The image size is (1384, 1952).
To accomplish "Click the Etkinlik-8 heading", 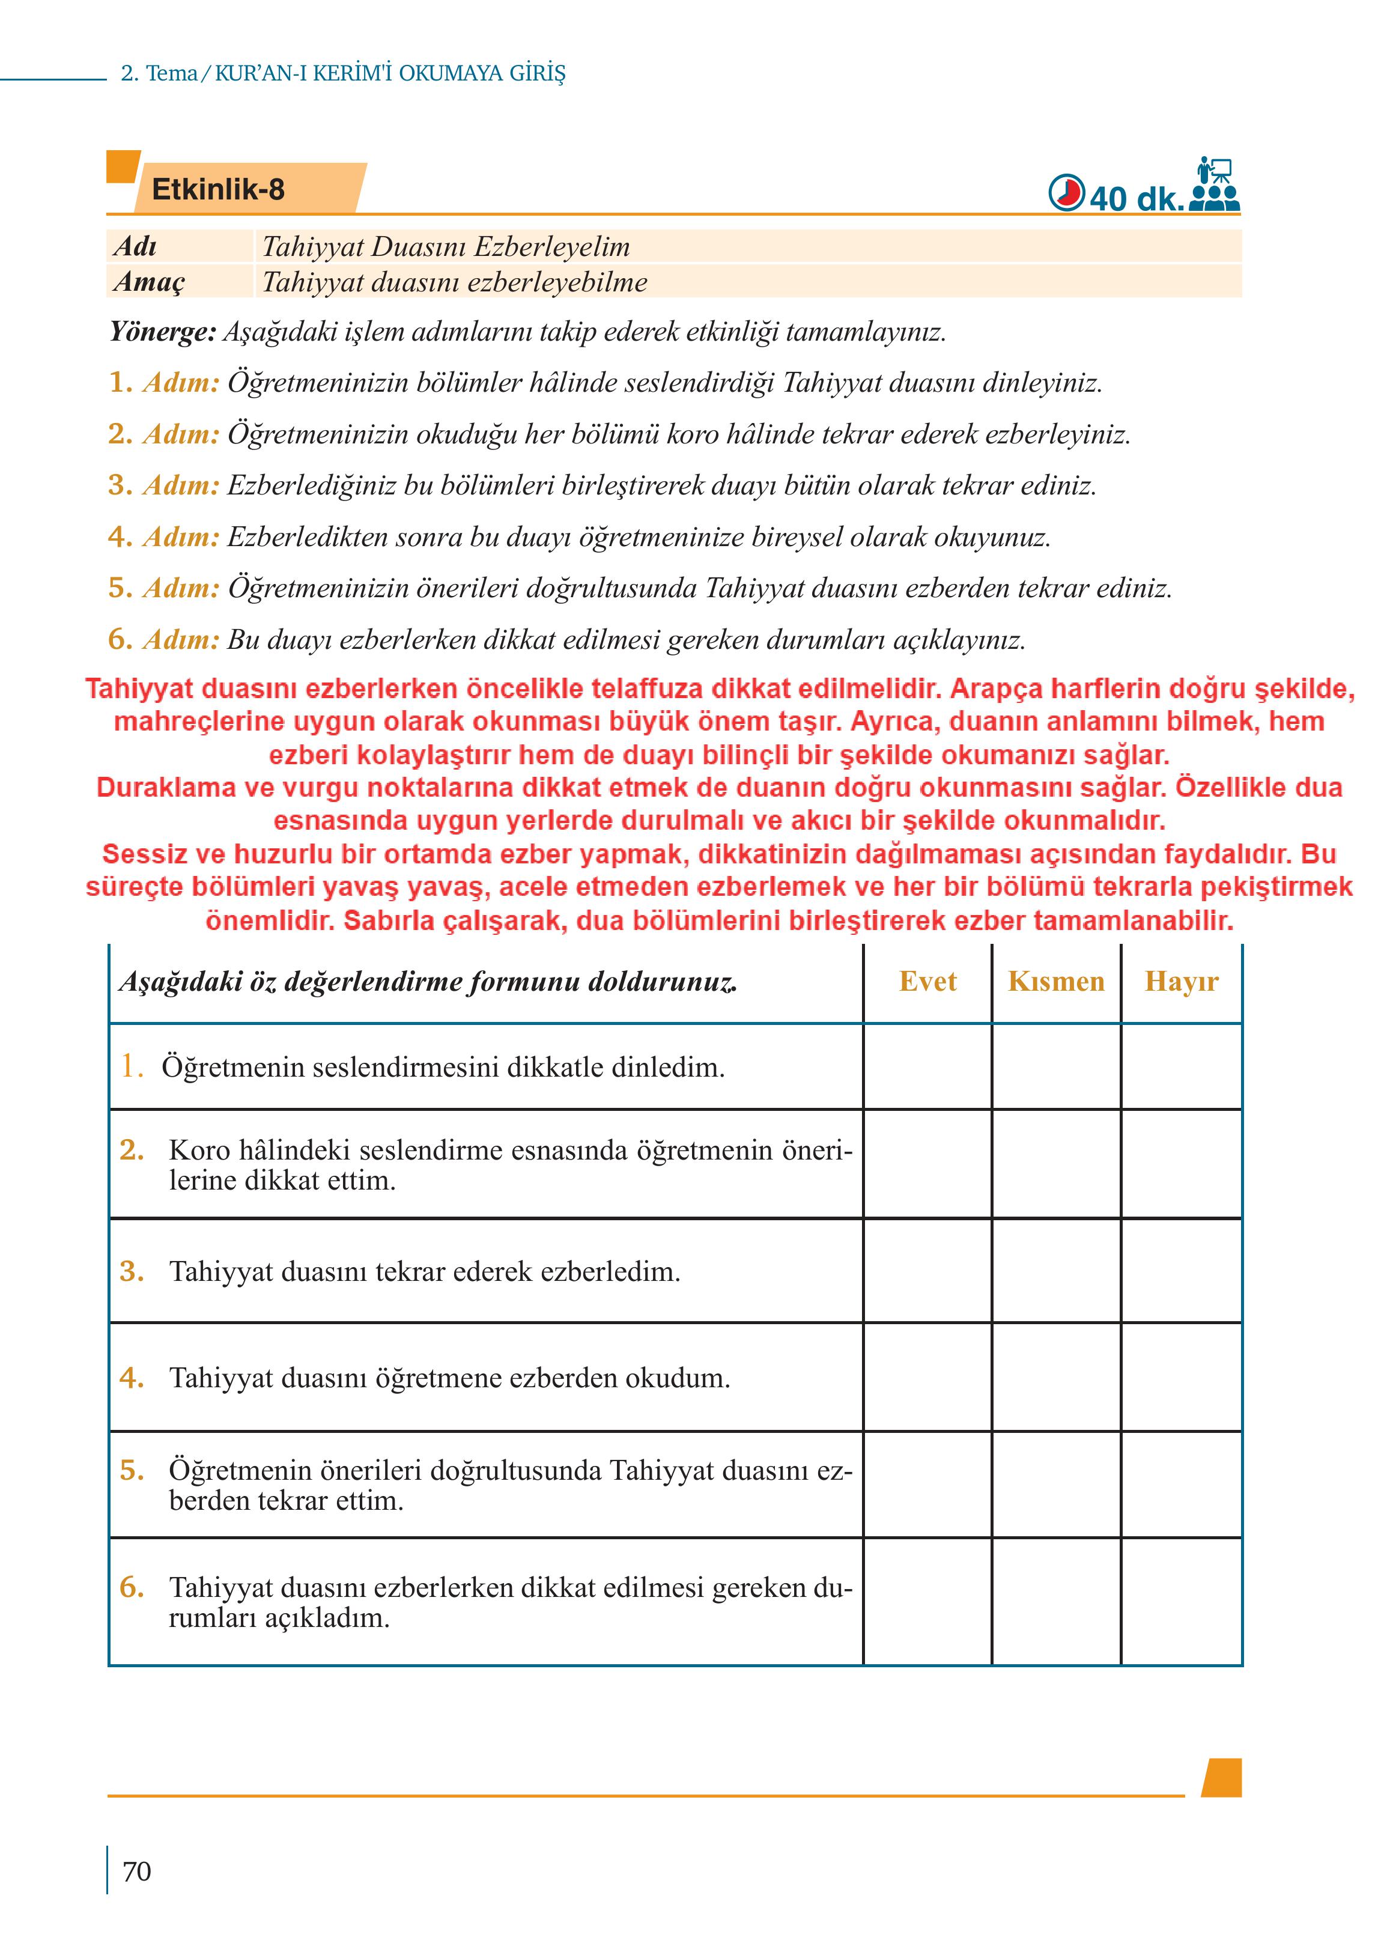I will pyautogui.click(x=218, y=189).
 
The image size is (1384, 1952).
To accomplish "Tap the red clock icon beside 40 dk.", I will pyautogui.click(x=1066, y=193).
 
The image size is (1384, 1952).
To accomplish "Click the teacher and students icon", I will pyautogui.click(x=1215, y=185).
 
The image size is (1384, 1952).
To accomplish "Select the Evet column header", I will pyautogui.click(x=927, y=981).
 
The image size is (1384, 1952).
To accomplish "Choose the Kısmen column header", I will pyautogui.click(x=1056, y=981).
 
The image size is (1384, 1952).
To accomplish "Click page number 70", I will pyautogui.click(x=137, y=1871).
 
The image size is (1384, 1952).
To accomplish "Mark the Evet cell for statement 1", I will pyautogui.click(x=927, y=1066).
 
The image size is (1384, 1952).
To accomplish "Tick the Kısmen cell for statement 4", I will pyautogui.click(x=1056, y=1378).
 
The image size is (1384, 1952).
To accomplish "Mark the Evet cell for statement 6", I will pyautogui.click(x=927, y=1602).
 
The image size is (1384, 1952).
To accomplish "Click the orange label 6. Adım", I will pyautogui.click(x=163, y=639).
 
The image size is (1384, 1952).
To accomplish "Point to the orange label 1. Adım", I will pyautogui.click(x=163, y=383).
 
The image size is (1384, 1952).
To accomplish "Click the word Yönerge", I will pyautogui.click(x=163, y=332).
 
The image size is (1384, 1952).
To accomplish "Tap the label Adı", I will pyautogui.click(x=135, y=246).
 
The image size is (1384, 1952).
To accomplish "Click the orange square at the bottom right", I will pyautogui.click(x=1221, y=1778).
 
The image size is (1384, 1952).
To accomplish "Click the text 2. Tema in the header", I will pyautogui.click(x=159, y=73).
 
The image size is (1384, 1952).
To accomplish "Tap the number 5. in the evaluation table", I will pyautogui.click(x=131, y=1470).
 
